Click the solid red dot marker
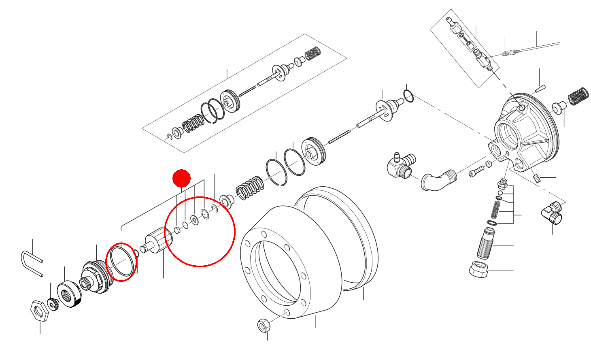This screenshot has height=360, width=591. tap(181, 179)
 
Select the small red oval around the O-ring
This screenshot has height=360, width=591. tap(121, 262)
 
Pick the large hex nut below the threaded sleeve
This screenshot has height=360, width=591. tap(478, 269)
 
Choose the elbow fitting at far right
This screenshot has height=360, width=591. tap(552, 214)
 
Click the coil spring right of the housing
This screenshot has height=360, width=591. tap(578, 96)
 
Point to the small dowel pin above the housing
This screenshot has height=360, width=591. tap(540, 88)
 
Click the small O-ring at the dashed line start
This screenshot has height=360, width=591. tap(408, 96)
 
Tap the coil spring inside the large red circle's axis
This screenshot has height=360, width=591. tap(250, 188)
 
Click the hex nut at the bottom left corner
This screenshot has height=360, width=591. tap(39, 311)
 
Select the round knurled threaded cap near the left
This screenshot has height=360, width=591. tap(69, 295)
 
